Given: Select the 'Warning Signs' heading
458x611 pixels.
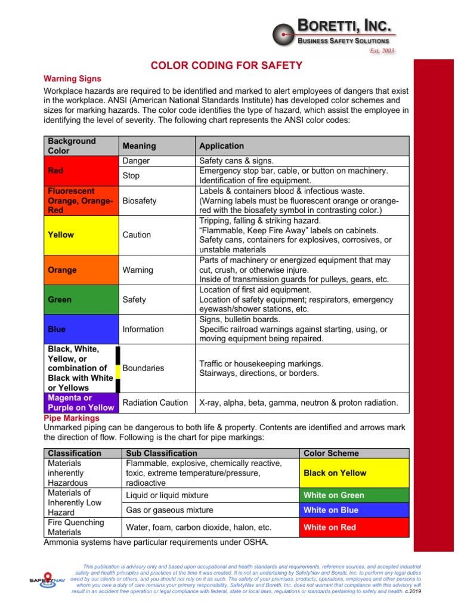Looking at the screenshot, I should click(x=73, y=79).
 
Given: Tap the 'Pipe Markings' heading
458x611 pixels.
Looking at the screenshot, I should click(x=72, y=418).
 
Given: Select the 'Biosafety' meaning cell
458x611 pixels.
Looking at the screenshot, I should click(x=140, y=201).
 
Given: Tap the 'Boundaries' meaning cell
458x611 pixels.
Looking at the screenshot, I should click(x=143, y=368).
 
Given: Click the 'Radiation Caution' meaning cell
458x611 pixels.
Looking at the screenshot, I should click(x=156, y=403).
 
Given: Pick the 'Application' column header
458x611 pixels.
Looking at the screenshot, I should click(x=221, y=146).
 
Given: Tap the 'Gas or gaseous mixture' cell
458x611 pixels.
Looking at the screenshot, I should click(x=169, y=510).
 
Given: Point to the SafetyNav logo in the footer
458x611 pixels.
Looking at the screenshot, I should click(x=47, y=578).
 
